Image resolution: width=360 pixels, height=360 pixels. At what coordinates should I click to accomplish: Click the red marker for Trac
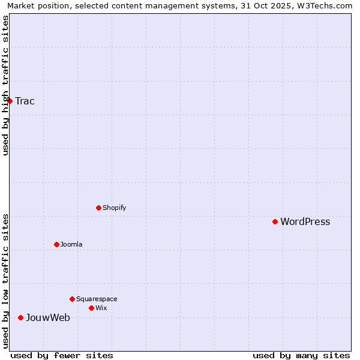coord(10,101)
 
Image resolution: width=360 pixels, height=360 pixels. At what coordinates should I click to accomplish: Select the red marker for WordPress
coord(275,221)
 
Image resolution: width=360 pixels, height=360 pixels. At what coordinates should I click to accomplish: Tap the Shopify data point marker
coord(99,208)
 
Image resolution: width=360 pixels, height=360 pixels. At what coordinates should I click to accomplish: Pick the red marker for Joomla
coord(57,244)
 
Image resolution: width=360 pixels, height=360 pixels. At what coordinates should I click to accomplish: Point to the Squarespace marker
coord(73,299)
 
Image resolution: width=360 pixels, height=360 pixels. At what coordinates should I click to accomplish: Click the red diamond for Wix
coord(92,308)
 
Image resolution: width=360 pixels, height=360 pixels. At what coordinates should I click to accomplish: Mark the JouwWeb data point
coord(21,317)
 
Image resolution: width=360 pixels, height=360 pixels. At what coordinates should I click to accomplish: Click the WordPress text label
coord(305,222)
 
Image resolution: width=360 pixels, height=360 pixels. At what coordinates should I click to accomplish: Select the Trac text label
coord(25,101)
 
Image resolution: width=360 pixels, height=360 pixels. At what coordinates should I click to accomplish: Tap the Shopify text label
coord(114,208)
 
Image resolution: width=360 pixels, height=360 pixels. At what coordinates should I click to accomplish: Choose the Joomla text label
coord(71,244)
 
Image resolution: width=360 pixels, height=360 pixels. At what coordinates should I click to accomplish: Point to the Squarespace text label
coord(97,299)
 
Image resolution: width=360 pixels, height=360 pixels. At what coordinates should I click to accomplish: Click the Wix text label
coord(101,308)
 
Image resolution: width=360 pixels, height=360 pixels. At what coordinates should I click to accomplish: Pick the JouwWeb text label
coord(47,318)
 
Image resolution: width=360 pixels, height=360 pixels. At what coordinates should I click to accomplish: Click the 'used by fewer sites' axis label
coord(62,355)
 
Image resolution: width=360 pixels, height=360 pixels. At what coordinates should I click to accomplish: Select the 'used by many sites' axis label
coord(301,355)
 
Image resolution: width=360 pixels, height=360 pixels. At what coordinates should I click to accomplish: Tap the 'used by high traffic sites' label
coord(5,85)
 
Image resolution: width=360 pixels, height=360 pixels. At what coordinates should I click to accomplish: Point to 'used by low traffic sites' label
coord(5,281)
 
